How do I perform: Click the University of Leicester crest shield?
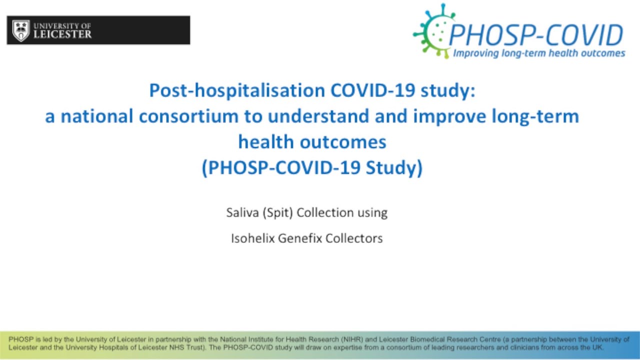pos(20,30)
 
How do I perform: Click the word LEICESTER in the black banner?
pos(62,34)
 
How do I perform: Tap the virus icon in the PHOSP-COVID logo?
pos(432,31)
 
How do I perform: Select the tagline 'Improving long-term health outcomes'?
pos(538,53)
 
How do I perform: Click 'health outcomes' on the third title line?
pos(312,142)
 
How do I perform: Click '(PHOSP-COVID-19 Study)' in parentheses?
pos(312,168)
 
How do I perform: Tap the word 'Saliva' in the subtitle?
pos(241,212)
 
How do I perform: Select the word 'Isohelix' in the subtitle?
pos(252,238)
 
